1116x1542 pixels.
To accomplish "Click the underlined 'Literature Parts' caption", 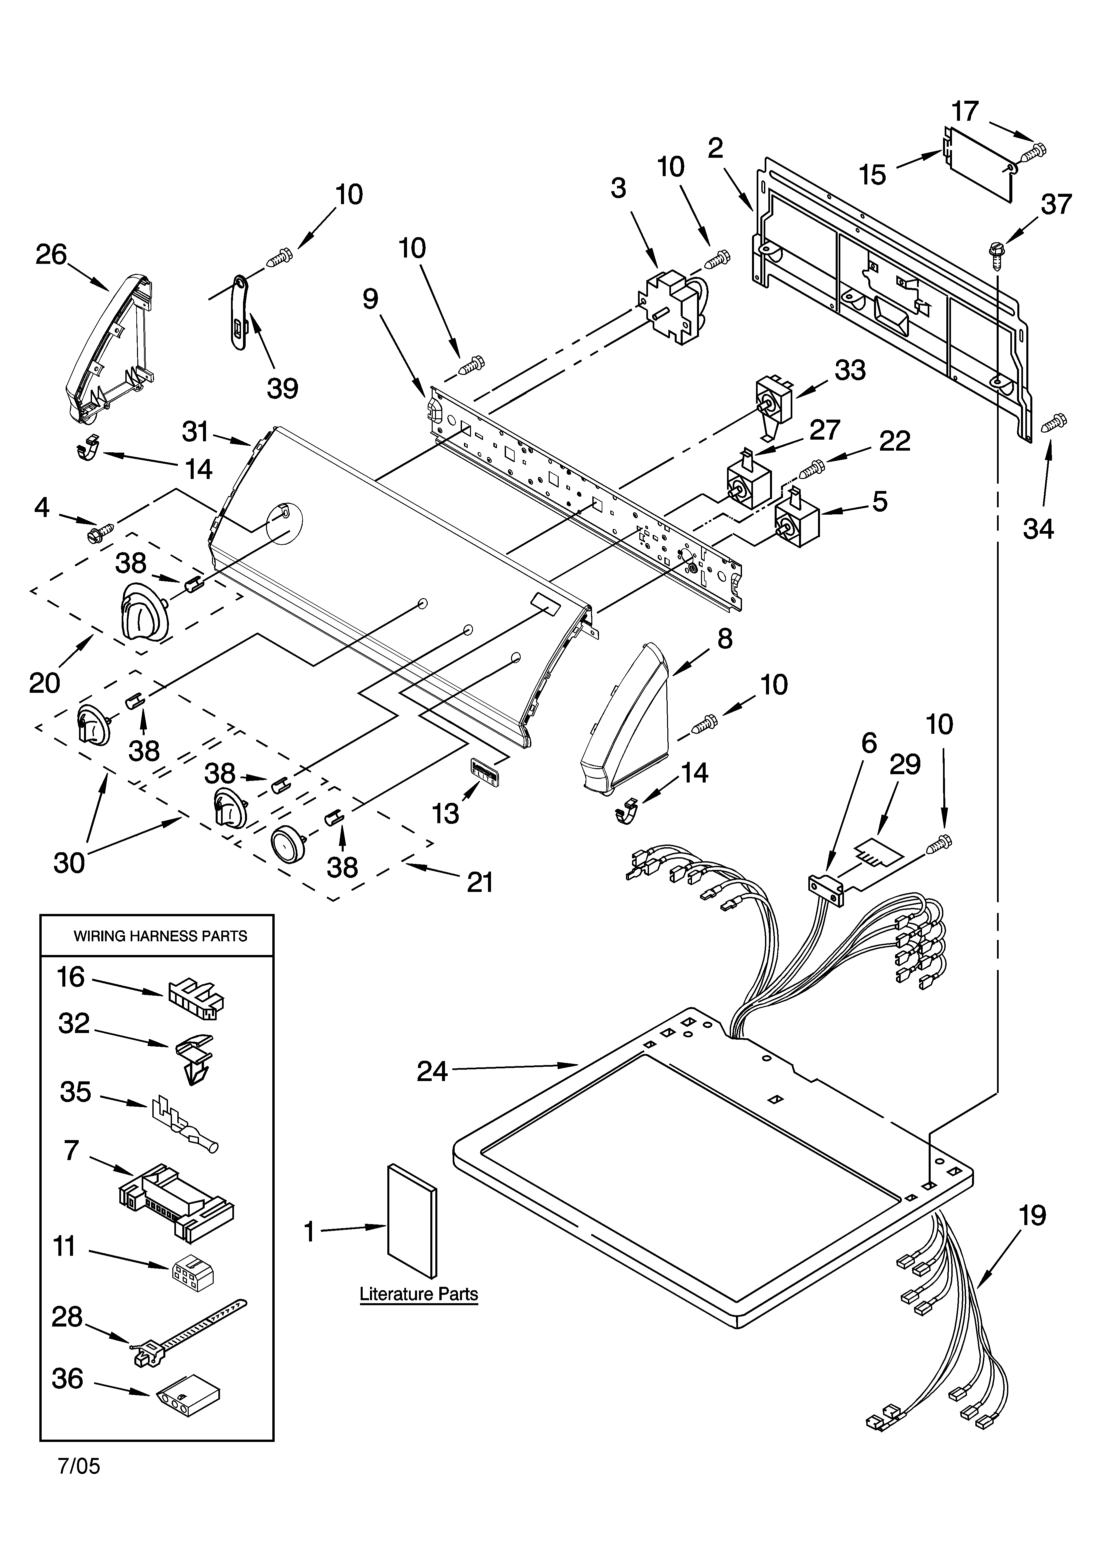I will click(419, 1294).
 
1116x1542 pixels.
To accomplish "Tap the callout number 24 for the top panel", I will click(432, 1072).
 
